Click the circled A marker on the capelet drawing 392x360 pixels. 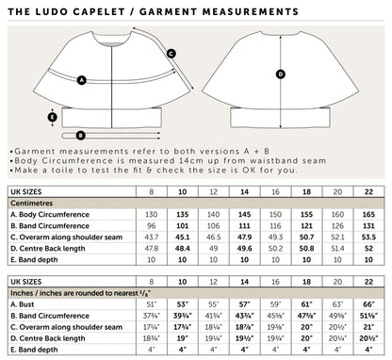tap(82, 81)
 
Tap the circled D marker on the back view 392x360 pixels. tap(279, 74)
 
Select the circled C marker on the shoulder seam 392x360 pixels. tap(170, 55)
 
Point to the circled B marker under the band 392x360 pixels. tap(81, 136)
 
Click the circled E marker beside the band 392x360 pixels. tap(53, 118)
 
